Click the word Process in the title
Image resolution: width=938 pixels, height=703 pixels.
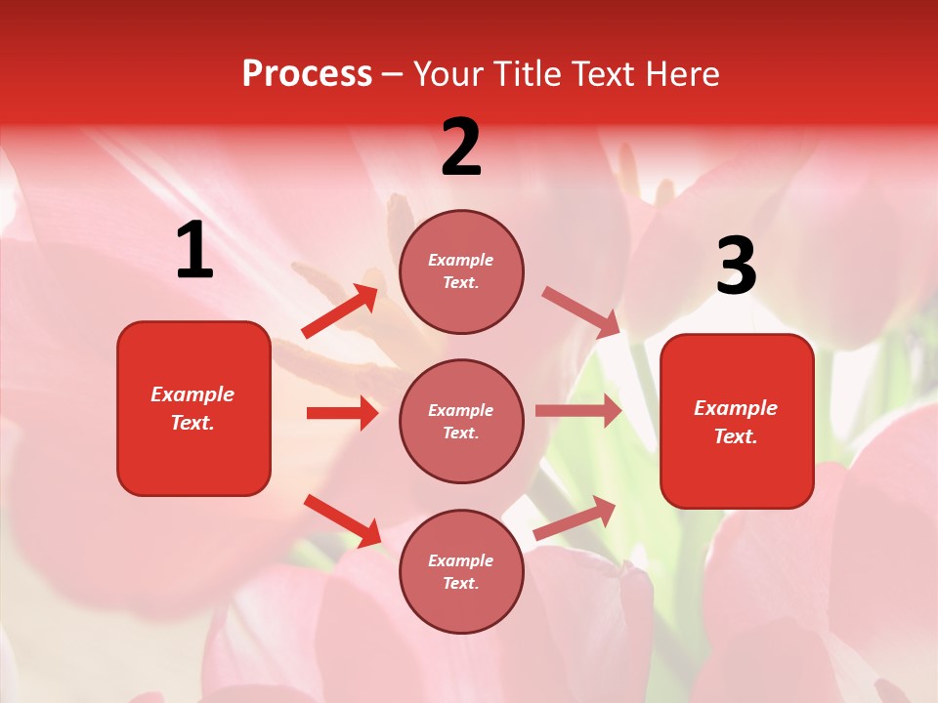point(307,74)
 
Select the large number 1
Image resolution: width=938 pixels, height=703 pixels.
point(194,251)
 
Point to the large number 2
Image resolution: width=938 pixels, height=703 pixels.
point(461,147)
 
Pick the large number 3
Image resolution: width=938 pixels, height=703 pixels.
point(736,266)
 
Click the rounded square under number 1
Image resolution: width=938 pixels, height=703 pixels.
point(193,408)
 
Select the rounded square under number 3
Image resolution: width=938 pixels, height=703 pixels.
point(737,421)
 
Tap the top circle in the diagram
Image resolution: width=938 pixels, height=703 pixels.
point(461,271)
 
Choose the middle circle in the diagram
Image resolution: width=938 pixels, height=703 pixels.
point(461,421)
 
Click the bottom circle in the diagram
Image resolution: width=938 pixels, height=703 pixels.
point(461,571)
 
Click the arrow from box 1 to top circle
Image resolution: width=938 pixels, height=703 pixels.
point(340,311)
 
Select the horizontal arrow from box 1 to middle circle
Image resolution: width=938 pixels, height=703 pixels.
point(342,413)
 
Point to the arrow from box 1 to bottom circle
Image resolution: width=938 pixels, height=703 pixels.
point(342,520)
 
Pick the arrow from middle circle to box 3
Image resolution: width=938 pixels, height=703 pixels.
point(578,411)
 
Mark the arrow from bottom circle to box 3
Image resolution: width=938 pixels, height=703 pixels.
point(576,518)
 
